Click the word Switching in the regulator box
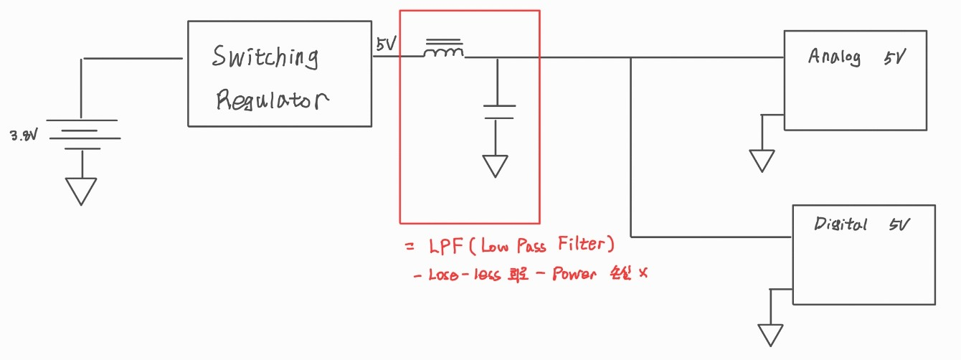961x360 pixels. tap(265, 57)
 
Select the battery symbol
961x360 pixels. tap(82, 135)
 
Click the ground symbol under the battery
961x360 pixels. tap(81, 191)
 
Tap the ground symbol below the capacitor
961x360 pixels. tap(496, 166)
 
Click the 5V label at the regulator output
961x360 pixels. tap(385, 44)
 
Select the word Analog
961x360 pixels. tap(834, 57)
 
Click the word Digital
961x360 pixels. tap(841, 224)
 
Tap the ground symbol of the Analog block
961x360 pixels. tap(762, 160)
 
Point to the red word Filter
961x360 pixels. tap(583, 246)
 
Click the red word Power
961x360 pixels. tap(574, 275)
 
